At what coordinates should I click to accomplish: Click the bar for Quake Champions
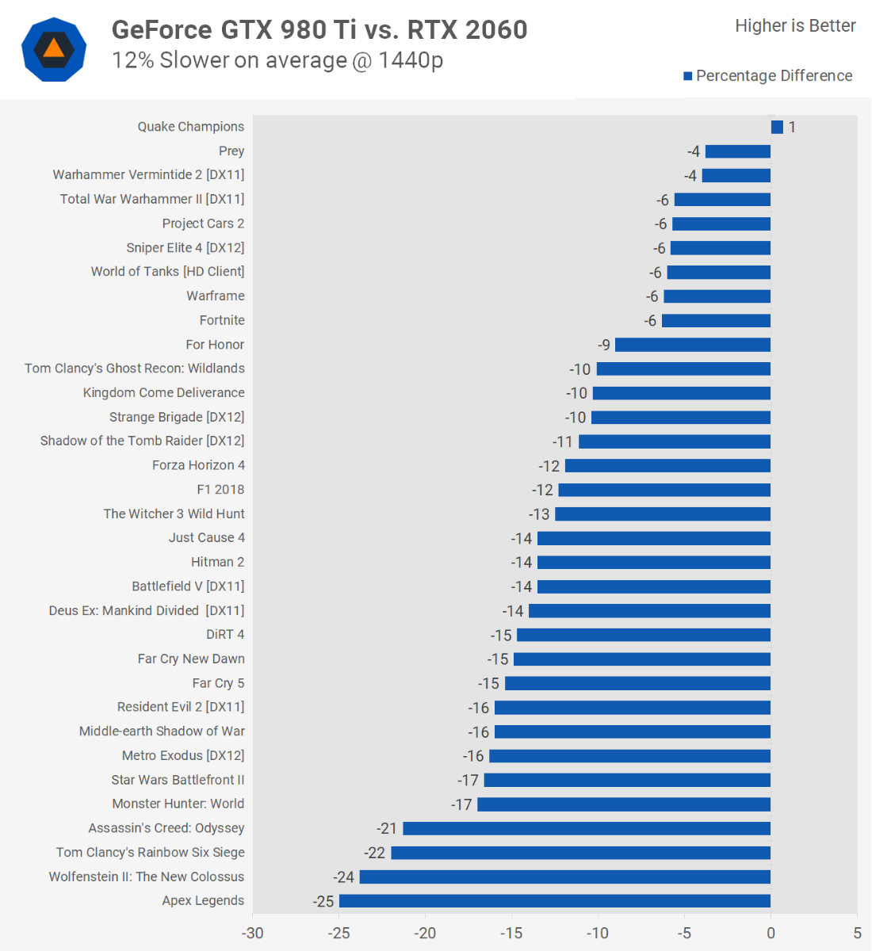coord(777,127)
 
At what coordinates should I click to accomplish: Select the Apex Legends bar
coord(555,901)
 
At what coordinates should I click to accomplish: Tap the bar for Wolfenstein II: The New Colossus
coord(565,877)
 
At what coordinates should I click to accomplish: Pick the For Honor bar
coord(693,345)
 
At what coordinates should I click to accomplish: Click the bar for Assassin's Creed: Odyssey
coord(587,829)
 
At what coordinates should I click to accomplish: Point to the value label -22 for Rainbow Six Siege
coord(375,854)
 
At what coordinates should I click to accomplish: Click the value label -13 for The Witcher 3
coord(539,514)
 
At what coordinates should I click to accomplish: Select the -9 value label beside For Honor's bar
coord(604,345)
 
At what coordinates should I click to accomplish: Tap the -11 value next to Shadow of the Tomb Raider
coord(562,442)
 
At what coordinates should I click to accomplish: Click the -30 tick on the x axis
coord(253,933)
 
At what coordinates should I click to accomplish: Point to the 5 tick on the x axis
coord(857,933)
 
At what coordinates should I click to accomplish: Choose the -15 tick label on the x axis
coord(511,933)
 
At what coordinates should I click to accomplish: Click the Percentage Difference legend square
coord(688,76)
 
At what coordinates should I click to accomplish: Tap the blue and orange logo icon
coord(53,49)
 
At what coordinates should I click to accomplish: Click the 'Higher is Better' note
coord(795,26)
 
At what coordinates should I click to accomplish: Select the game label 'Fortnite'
coord(222,320)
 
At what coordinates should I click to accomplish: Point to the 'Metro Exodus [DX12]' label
coord(183,756)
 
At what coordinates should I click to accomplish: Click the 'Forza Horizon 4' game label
coord(198,465)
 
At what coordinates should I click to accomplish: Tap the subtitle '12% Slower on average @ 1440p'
coord(277,60)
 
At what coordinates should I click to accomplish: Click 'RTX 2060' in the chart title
coord(468,29)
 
